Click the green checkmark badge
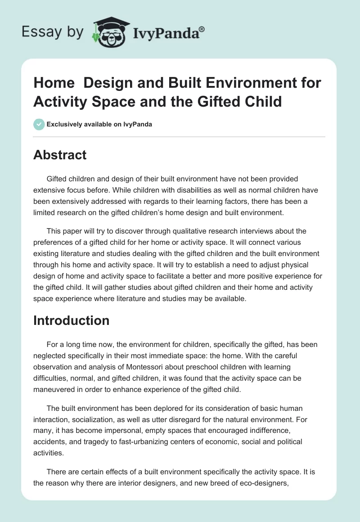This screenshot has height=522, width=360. coord(39,124)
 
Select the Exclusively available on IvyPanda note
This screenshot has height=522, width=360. coord(99,124)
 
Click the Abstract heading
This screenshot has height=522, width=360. coord(60,155)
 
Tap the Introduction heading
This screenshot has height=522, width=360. coord(71,320)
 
